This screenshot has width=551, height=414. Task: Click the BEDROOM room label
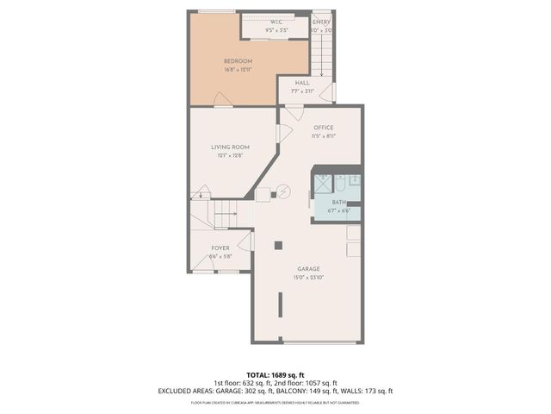click(238, 60)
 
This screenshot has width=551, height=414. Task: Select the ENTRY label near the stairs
click(321, 22)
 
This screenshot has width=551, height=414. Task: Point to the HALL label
click(302, 83)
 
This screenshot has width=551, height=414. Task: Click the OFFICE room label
click(323, 128)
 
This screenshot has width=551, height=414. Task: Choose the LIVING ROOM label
click(230, 147)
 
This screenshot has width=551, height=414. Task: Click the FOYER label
click(221, 248)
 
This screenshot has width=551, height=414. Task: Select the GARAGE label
click(307, 268)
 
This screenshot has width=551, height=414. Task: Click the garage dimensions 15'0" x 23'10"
click(307, 277)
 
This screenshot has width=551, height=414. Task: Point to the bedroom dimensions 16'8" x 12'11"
click(238, 69)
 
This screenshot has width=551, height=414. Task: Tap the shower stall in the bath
click(321, 183)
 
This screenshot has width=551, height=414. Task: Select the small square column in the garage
click(278, 245)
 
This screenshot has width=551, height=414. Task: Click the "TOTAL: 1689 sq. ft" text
click(275, 373)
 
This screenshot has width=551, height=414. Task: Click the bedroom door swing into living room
click(223, 103)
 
